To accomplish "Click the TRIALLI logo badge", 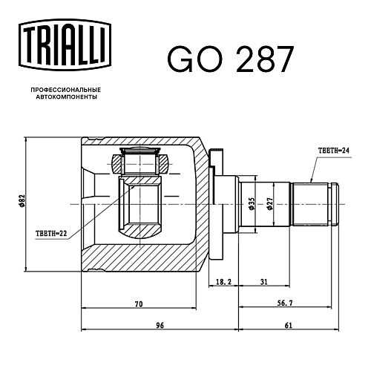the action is point(65,45).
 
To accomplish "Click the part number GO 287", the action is point(231,59).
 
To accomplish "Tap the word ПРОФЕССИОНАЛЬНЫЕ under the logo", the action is point(66,90).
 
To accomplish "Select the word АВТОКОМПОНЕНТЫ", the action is point(66,97).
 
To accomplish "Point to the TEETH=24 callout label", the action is point(334,151).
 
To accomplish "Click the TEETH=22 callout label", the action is point(51,234).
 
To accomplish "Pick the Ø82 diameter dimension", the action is point(22,201).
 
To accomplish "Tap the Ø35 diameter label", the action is point(251,204).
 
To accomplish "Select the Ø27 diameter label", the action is point(269,204).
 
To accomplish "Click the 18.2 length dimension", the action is point(223,282).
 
